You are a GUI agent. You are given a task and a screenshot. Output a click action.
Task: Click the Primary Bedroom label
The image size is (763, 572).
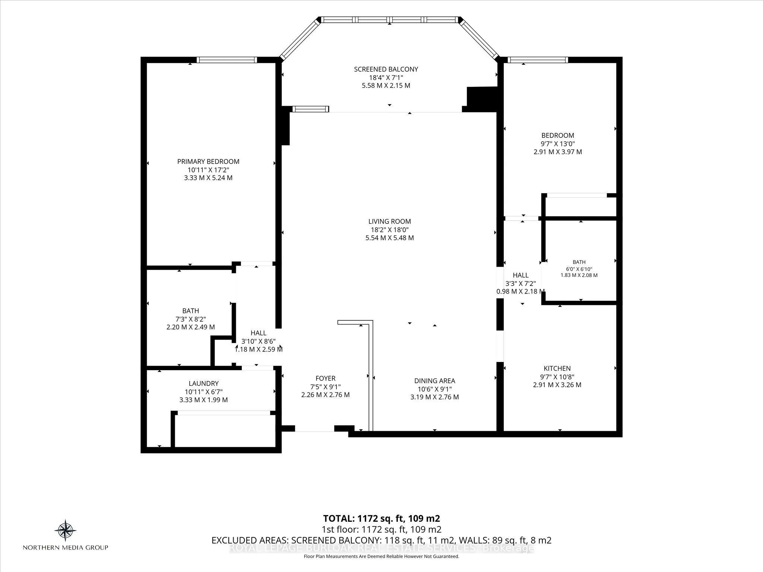[x=208, y=161]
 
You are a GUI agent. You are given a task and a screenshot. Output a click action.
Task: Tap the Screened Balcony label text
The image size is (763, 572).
[x=386, y=69]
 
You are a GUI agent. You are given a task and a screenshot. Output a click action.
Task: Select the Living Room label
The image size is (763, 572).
[x=390, y=221]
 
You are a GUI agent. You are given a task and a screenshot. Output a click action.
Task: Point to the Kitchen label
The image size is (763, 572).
[x=557, y=368]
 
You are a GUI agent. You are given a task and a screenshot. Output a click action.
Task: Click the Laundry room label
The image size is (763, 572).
[x=203, y=383]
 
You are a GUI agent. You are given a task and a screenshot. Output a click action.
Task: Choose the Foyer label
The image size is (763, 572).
[x=325, y=378]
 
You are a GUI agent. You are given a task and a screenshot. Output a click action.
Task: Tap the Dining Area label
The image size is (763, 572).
[x=434, y=381]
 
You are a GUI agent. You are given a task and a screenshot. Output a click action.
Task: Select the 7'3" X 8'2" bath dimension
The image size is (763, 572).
[x=190, y=319]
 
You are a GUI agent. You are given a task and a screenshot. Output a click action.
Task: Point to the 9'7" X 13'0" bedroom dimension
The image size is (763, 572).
[x=558, y=144]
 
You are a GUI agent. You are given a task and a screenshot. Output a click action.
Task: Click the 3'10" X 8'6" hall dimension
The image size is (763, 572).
[x=258, y=341]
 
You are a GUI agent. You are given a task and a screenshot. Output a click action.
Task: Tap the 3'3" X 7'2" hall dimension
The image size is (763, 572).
[x=520, y=283]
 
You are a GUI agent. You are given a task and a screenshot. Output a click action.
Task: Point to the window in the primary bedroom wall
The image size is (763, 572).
[x=227, y=60]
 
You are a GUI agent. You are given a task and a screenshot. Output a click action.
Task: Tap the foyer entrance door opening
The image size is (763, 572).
[x=314, y=429]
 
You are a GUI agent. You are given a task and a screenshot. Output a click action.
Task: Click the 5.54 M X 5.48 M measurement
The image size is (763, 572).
[x=390, y=238]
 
